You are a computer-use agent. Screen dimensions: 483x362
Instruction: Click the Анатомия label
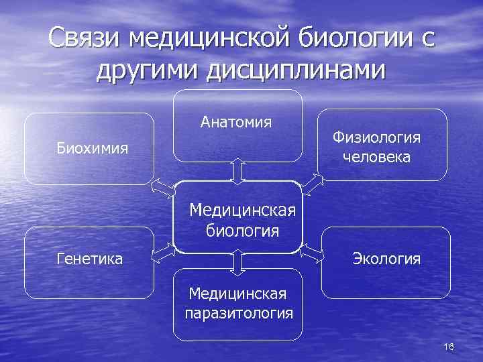pos(235,122)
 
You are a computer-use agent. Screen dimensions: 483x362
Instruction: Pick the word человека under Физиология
pos(376,158)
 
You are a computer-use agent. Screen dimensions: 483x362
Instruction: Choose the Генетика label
pos(89,258)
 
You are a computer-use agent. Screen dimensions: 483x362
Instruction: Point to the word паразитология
pos(239,313)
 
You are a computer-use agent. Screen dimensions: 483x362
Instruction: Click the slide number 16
pos(449,347)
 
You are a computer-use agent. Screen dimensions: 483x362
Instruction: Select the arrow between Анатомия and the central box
pos(237,170)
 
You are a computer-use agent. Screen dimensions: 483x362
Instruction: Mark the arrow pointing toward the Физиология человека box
pos(313,182)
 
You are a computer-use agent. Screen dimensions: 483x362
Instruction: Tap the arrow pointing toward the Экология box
pos(311,253)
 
